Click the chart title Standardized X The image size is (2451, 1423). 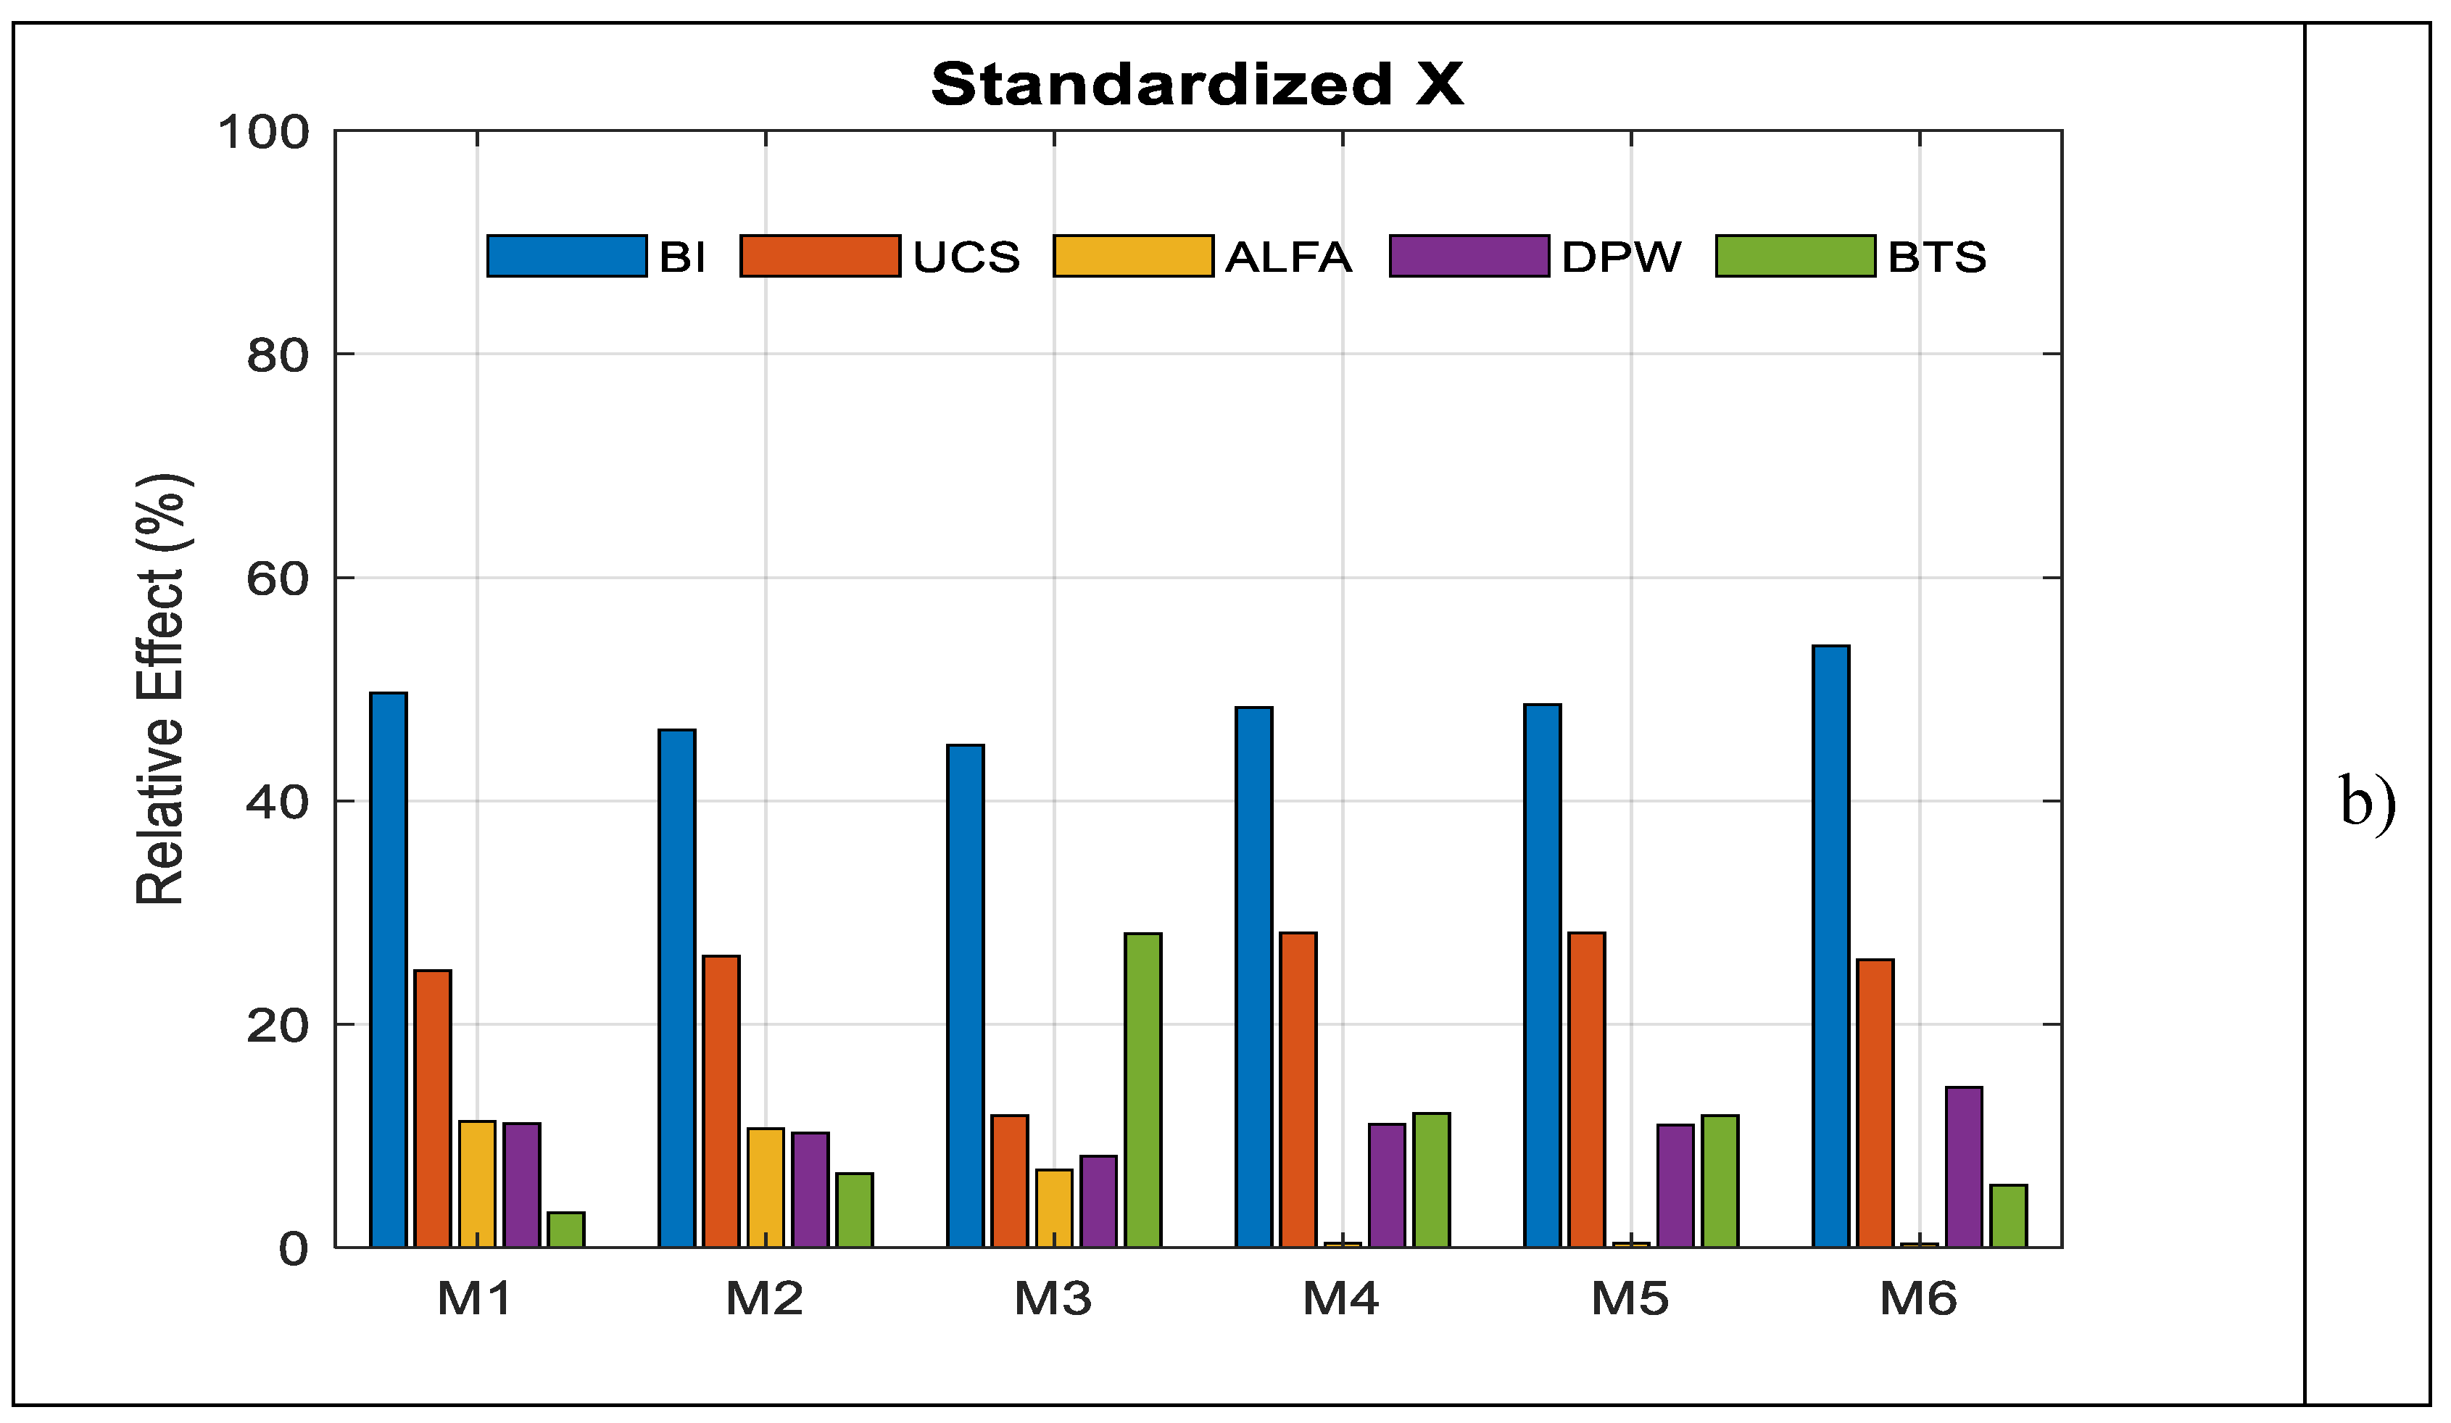[x=1196, y=85]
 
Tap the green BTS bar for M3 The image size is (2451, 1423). [x=1142, y=1090]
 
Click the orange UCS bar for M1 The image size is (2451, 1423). [x=433, y=1109]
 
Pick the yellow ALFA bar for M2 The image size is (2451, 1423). [x=766, y=1187]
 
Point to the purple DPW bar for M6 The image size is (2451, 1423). [x=1964, y=1167]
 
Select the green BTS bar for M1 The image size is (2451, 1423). [x=566, y=1229]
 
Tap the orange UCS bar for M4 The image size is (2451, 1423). [x=1298, y=1090]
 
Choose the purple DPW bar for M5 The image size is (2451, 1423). [x=1675, y=1186]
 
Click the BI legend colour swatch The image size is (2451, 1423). [x=567, y=256]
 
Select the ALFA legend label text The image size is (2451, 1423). [x=1287, y=257]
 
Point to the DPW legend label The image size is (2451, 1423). [x=1620, y=257]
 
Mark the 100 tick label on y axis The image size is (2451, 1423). [x=264, y=132]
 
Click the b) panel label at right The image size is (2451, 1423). [x=2368, y=802]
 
